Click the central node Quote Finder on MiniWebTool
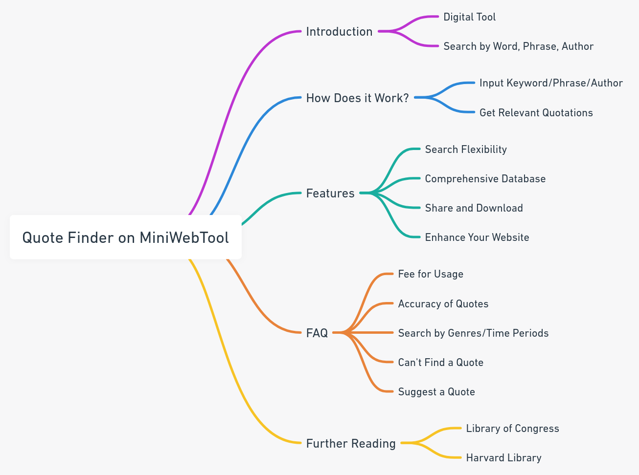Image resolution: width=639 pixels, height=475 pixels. coord(125,237)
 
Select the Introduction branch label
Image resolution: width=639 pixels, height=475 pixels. coord(339,32)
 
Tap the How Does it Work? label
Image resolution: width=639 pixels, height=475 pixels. coord(357,98)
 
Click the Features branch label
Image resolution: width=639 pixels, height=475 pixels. coord(330,194)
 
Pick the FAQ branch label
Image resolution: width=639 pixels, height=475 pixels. coord(317,333)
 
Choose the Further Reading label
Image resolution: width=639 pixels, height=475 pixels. coord(351,444)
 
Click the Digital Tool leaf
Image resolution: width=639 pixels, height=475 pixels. coord(469,17)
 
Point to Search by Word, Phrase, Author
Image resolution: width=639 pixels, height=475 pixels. coord(518,46)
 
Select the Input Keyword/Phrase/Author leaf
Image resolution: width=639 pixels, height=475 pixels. coord(551,83)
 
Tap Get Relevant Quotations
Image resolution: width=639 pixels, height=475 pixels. coord(536,113)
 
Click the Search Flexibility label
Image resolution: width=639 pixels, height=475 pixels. coord(466,150)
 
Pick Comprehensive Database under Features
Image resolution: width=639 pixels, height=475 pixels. coord(485,179)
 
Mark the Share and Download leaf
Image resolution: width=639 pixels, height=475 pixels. coord(474,208)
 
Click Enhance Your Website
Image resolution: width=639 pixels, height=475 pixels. coord(477,237)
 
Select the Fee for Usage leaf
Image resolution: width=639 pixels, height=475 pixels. coord(431,274)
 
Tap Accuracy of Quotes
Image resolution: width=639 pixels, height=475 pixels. coord(443,304)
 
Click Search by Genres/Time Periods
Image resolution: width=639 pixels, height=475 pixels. coord(473,333)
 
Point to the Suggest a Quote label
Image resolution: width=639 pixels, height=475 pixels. coord(436,392)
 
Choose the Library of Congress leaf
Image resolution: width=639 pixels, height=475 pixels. coord(512,429)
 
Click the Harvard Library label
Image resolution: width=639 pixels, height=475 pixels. coord(503,458)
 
